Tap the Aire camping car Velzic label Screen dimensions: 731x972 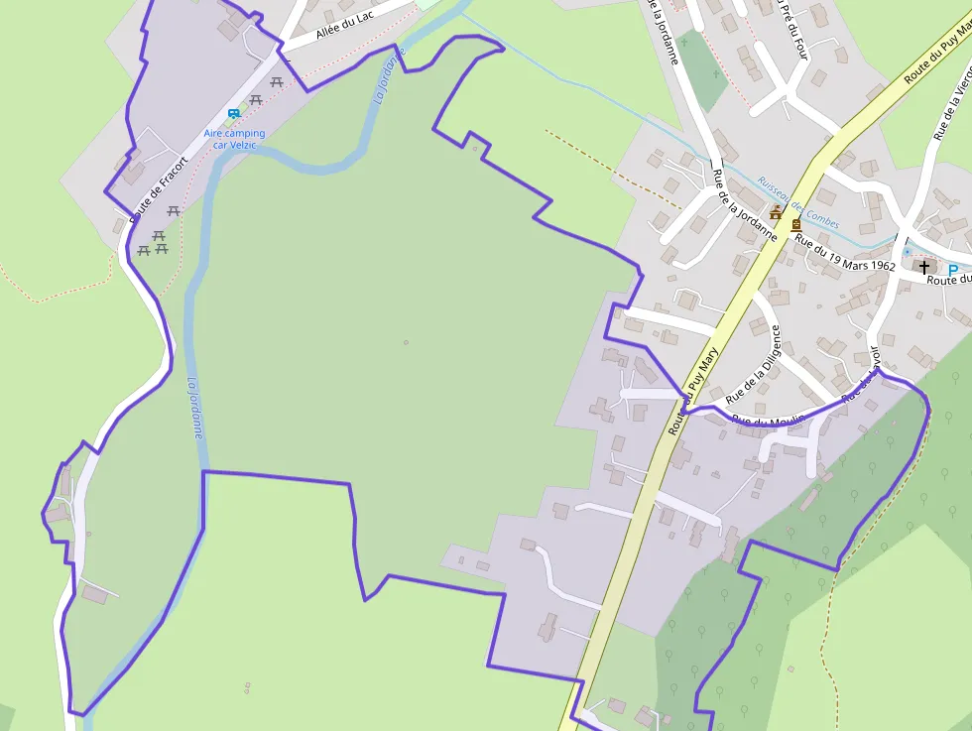235,139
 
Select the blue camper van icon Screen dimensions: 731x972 234,114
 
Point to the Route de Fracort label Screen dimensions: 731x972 159,188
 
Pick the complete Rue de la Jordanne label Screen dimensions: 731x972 745,205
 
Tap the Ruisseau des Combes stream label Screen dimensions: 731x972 797,202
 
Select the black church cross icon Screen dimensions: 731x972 924,267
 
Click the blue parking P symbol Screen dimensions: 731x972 953,270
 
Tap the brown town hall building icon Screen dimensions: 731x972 776,212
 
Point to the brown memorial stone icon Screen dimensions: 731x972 795,225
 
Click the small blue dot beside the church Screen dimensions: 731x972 907,252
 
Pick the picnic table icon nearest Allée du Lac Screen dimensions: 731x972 277,81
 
